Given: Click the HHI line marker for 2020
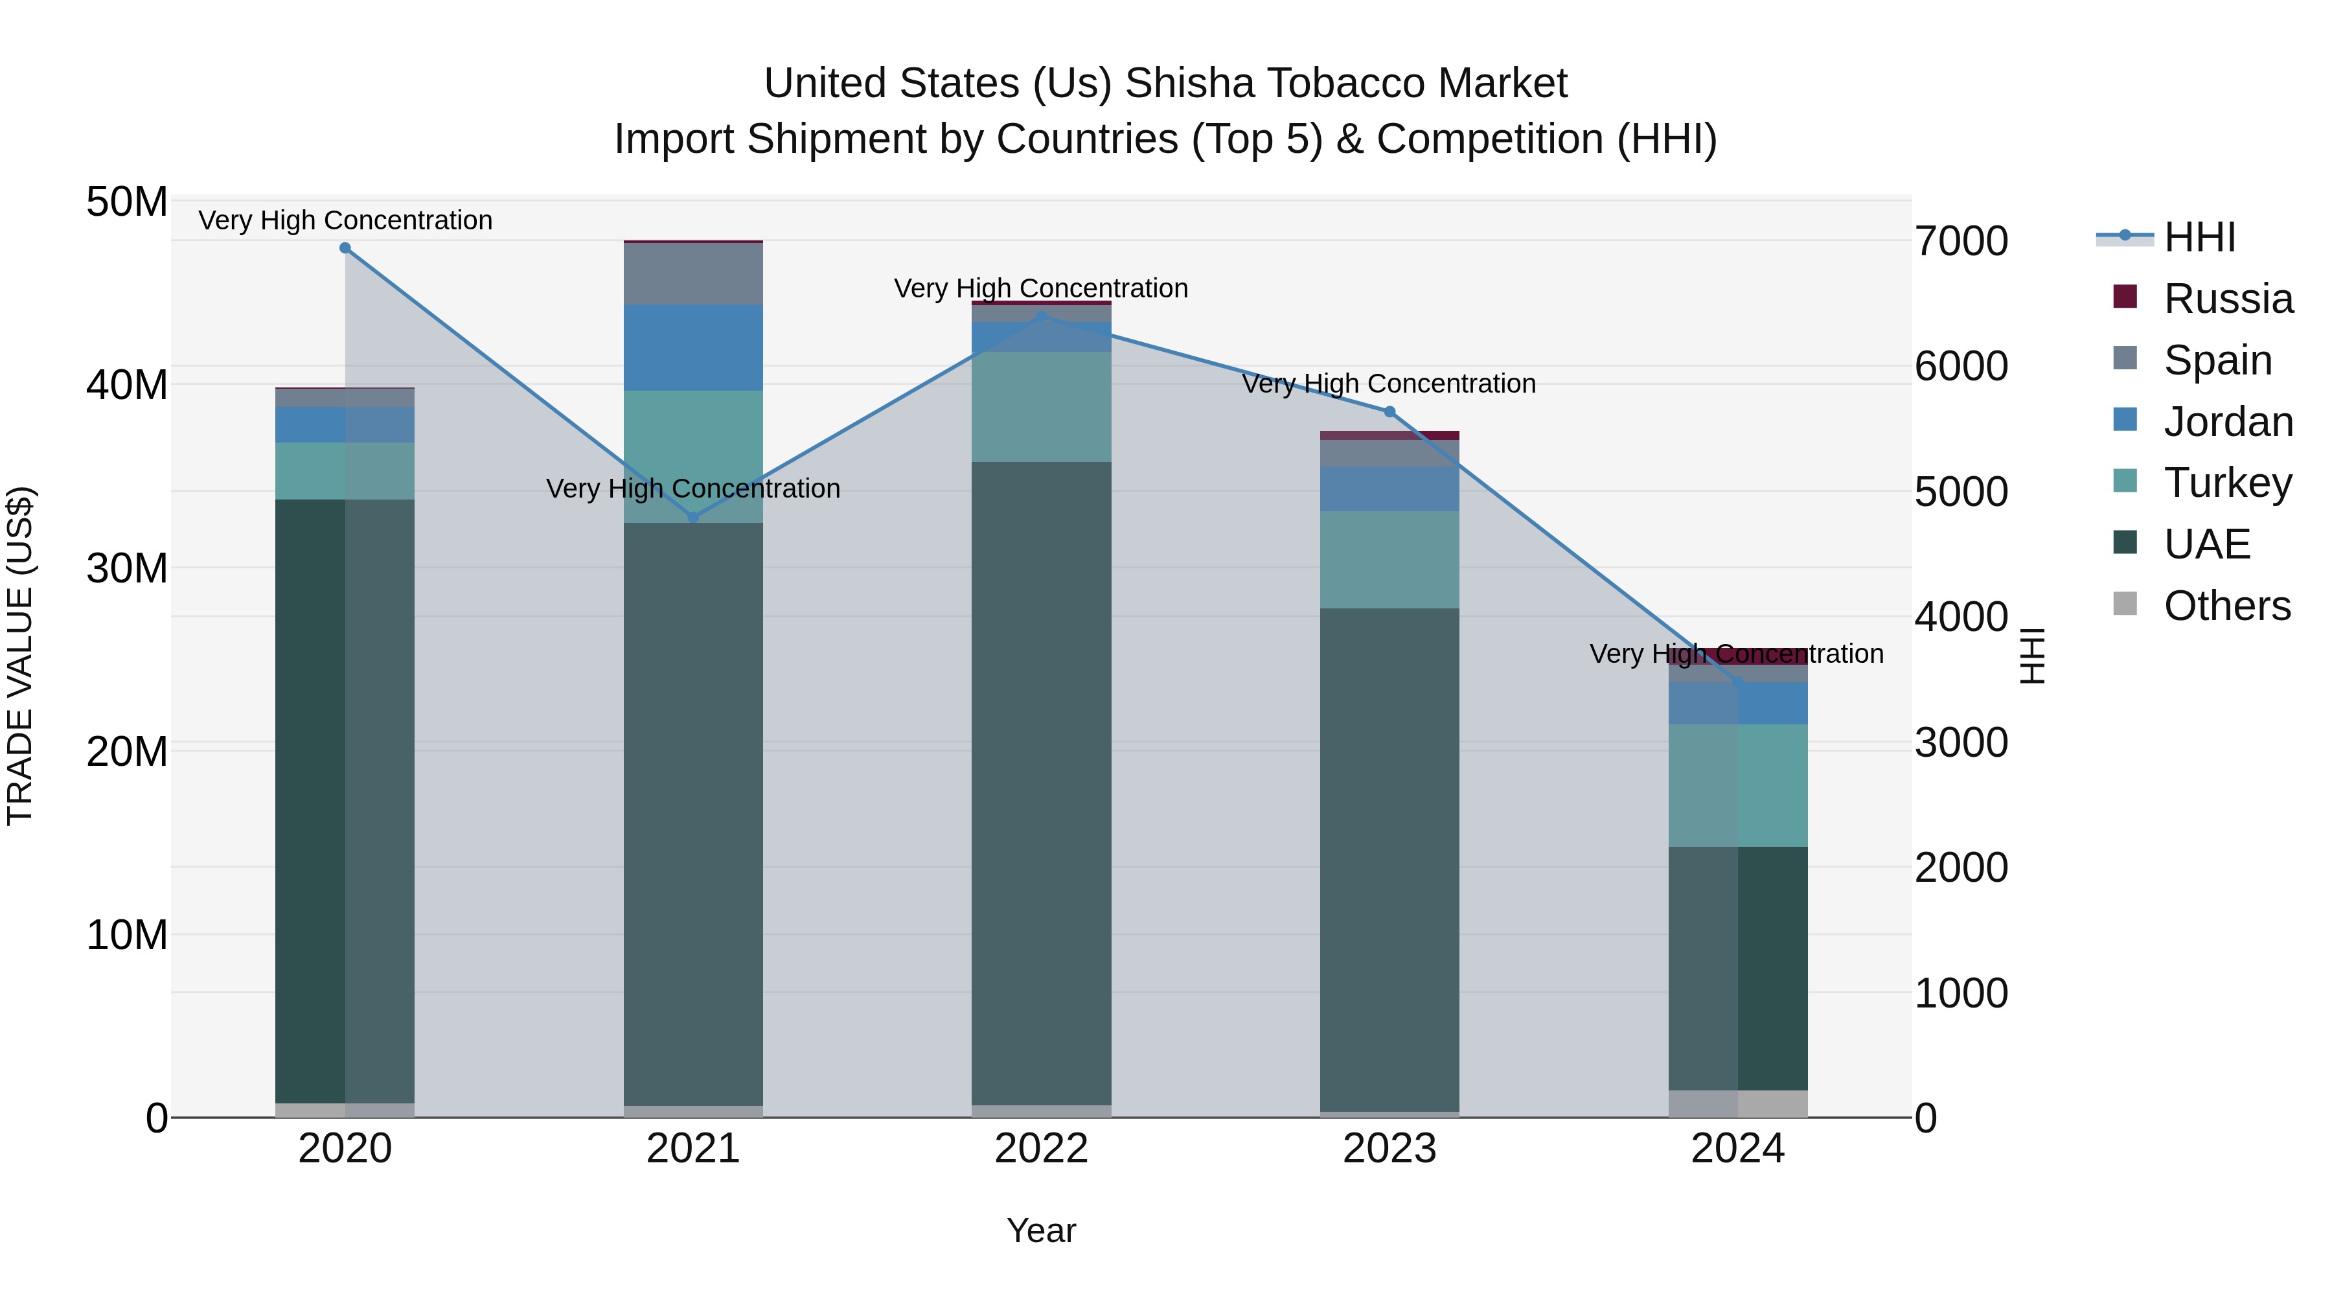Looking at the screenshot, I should [x=345, y=248].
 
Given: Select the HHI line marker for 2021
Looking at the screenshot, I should [x=693, y=518].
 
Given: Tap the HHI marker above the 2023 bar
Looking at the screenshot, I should [x=1389, y=412].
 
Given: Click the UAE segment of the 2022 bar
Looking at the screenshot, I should [x=1041, y=783].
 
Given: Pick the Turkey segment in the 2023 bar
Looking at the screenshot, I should [x=1389, y=560].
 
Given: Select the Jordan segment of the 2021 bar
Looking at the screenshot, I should [x=693, y=348].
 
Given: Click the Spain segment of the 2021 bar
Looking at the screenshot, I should [x=693, y=273].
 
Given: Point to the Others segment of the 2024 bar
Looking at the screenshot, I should [x=1738, y=1104].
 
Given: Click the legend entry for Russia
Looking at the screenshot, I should [x=2228, y=299].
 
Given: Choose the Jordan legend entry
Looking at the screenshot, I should [x=2228, y=422].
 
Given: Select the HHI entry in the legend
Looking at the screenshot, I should [x=2200, y=237].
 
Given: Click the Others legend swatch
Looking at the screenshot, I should [x=2125, y=604].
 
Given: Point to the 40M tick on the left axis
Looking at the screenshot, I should [x=127, y=385].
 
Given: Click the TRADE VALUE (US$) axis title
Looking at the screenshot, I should [x=20, y=656].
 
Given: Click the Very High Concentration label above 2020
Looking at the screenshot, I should [x=345, y=220].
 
